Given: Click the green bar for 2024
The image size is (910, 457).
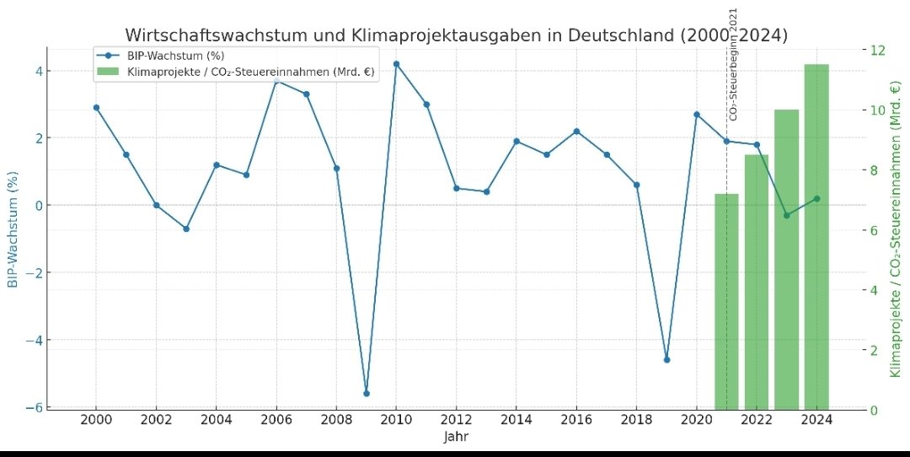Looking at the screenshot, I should coord(816,236).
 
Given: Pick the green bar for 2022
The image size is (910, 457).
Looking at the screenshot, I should coord(757,282).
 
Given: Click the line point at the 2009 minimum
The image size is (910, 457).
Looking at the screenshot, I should coord(367,394).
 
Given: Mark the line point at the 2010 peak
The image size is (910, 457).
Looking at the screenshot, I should coord(397,64).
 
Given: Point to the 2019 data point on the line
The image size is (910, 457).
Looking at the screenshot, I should coord(666,359).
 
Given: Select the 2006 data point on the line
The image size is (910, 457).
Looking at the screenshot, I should coord(276,81).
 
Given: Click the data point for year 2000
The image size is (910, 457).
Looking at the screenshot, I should coord(96,108).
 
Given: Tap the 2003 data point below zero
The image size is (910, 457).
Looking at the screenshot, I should coord(186,228).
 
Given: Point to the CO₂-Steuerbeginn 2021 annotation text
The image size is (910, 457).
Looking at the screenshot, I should coord(733,63).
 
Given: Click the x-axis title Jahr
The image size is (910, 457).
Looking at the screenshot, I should coord(456,438).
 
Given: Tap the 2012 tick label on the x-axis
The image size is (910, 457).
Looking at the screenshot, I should coord(456,420).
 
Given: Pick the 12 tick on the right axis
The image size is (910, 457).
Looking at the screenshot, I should coord(877,50).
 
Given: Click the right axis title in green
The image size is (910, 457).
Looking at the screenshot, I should coord(895,228).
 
